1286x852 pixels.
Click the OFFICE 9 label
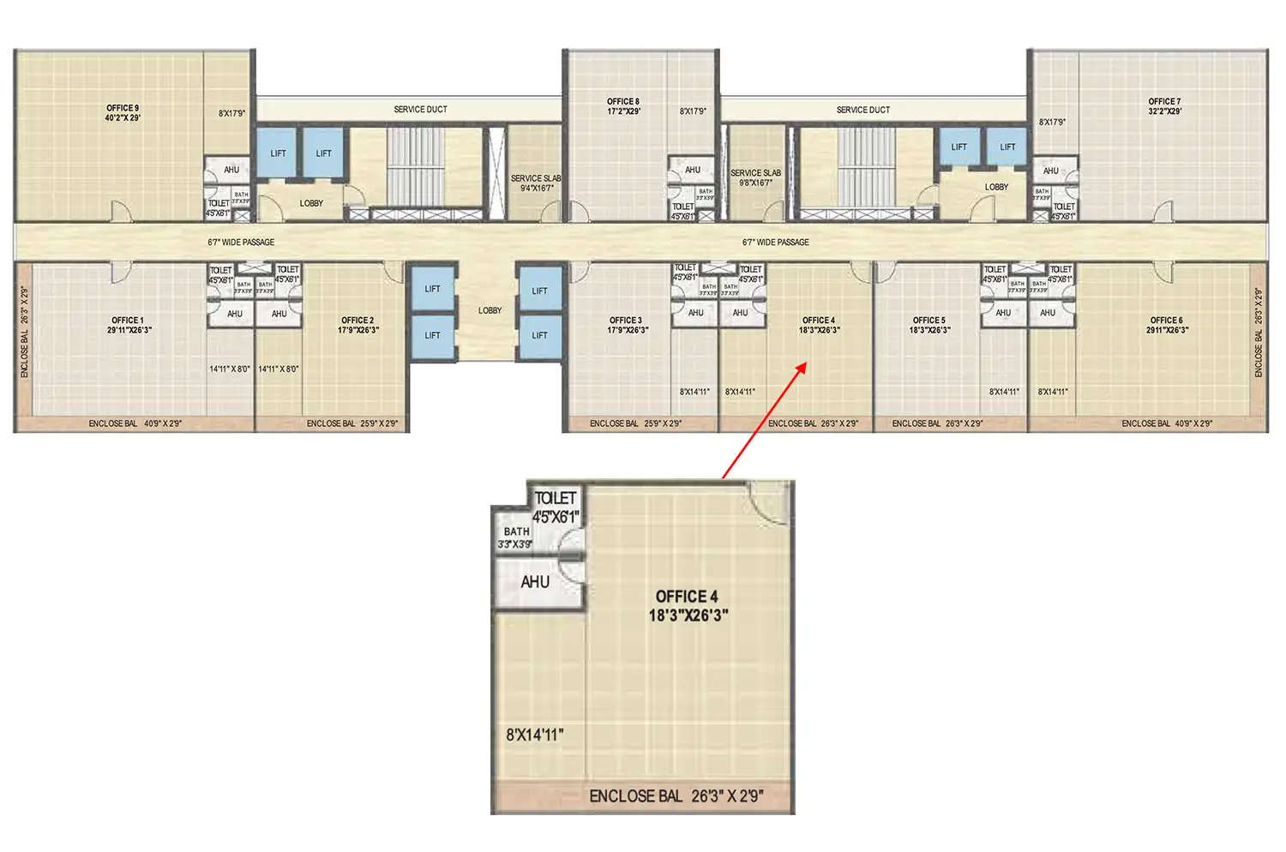pyautogui.click(x=123, y=112)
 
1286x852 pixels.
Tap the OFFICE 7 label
pyautogui.click(x=1165, y=106)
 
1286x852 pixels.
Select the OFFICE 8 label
pyautogui.click(x=623, y=106)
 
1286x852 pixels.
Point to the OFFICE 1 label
pyautogui.click(x=129, y=325)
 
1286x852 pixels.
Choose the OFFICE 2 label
pyautogui.click(x=358, y=325)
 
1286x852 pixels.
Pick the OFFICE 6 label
pyautogui.click(x=1167, y=325)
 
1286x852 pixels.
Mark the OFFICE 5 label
pyautogui.click(x=929, y=325)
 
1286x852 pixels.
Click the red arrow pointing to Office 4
pyautogui.click(x=763, y=420)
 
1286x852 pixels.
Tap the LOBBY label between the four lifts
pyautogui.click(x=490, y=310)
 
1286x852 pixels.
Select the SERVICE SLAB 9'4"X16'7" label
pyautogui.click(x=536, y=183)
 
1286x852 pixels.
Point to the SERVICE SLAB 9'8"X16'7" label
pyautogui.click(x=755, y=177)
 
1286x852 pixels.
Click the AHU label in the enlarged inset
pyautogui.click(x=535, y=582)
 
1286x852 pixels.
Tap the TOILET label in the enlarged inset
pyautogui.click(x=556, y=498)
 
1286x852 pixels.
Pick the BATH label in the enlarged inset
pyautogui.click(x=516, y=531)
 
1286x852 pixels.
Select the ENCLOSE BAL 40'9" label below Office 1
pyautogui.click(x=135, y=423)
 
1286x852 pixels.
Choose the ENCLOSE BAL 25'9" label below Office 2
pyautogui.click(x=352, y=423)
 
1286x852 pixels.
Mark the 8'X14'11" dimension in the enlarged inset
pyautogui.click(x=535, y=735)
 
